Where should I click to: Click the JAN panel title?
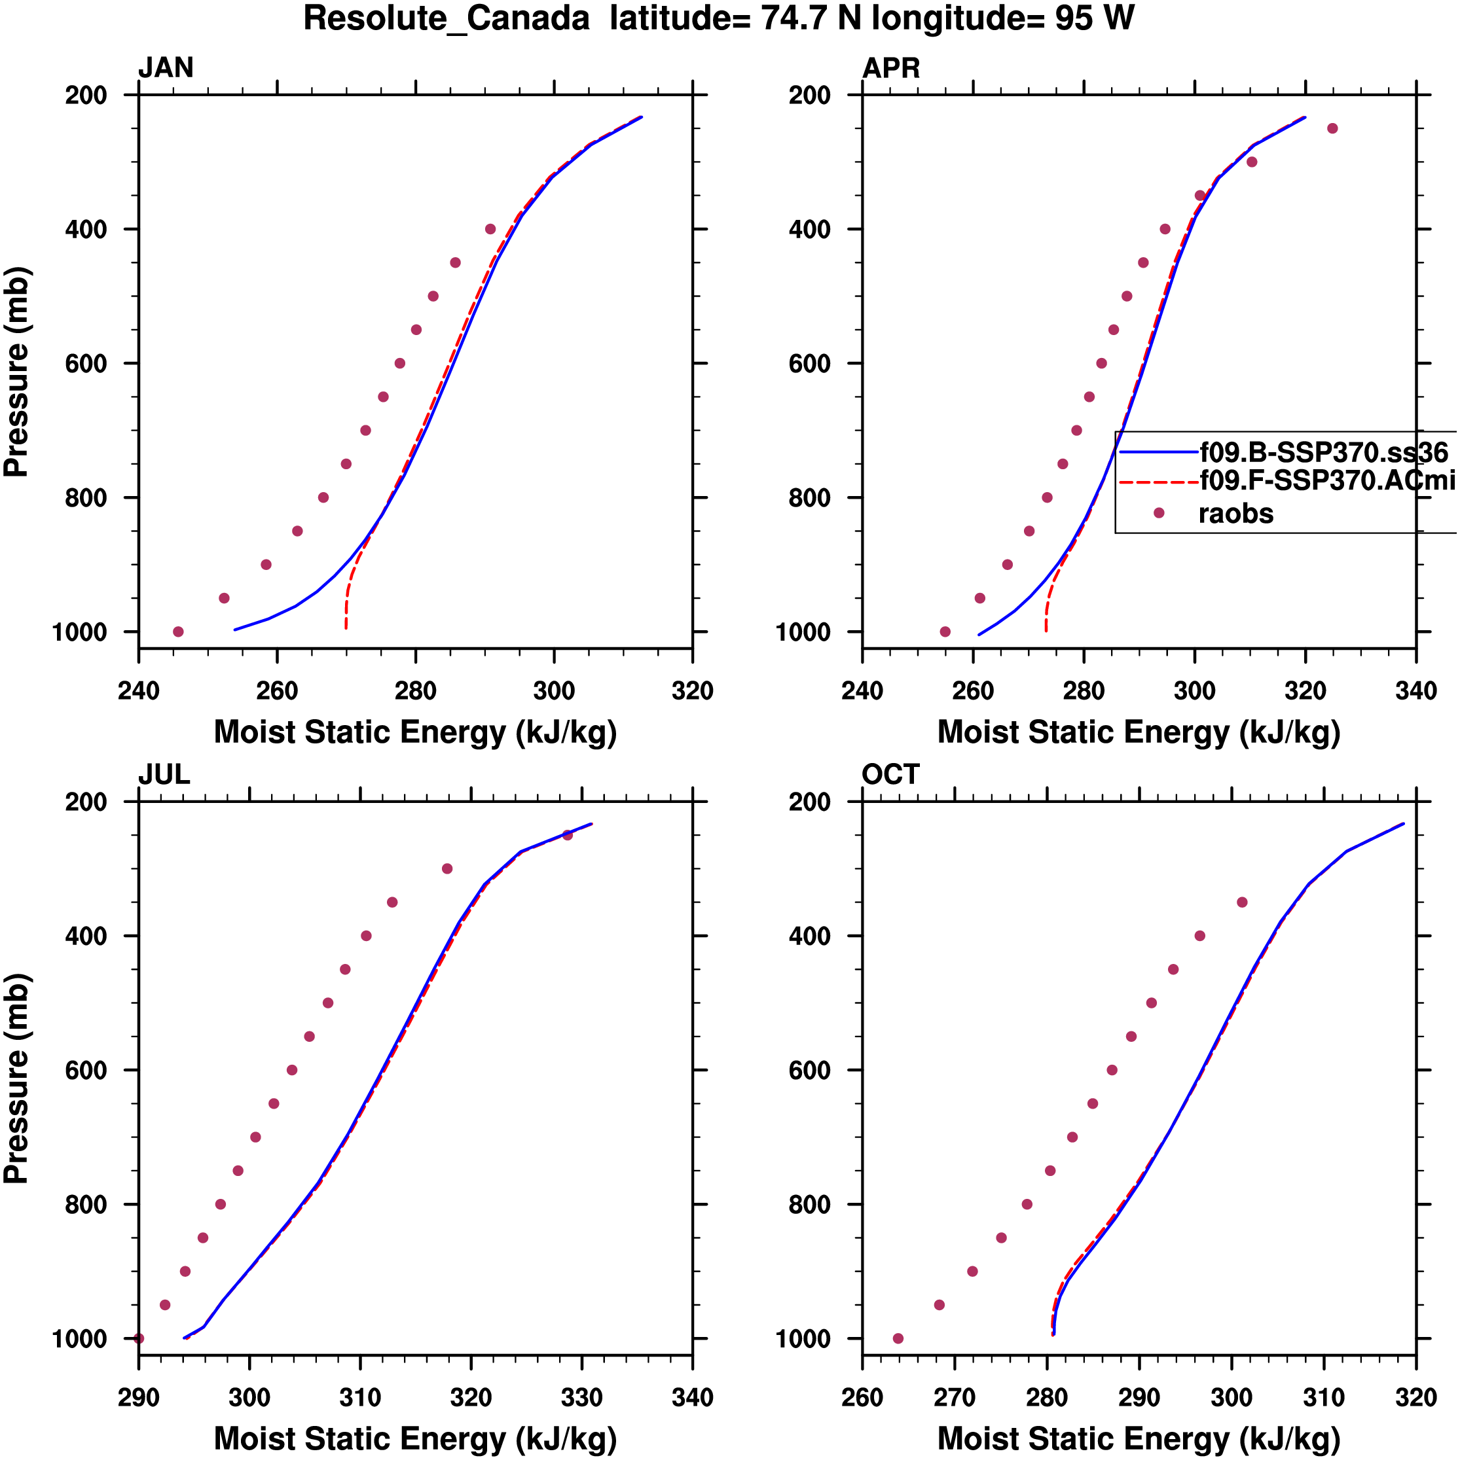click(x=166, y=68)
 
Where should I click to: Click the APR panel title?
click(x=890, y=68)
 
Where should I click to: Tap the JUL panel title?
click(x=163, y=775)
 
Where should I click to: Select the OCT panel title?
click(x=890, y=775)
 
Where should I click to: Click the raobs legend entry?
click(x=1235, y=514)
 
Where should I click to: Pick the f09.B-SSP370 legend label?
click(x=1323, y=453)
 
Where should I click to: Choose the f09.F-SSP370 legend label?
click(x=1327, y=480)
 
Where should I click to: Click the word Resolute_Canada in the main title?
click(x=446, y=18)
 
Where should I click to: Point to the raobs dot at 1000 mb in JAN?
click(x=177, y=632)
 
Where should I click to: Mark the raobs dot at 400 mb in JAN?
click(x=490, y=229)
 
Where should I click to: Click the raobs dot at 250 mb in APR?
click(x=1332, y=128)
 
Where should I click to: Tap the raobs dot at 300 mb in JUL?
click(x=447, y=869)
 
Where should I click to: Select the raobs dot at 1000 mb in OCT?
click(x=898, y=1338)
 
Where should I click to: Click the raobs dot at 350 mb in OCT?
click(x=1242, y=902)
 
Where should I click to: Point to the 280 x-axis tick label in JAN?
click(x=415, y=690)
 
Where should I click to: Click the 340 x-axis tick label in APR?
click(x=1415, y=690)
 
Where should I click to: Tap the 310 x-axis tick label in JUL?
click(x=360, y=1397)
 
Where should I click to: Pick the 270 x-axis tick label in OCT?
click(x=954, y=1397)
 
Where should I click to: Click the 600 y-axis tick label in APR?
click(x=810, y=363)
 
